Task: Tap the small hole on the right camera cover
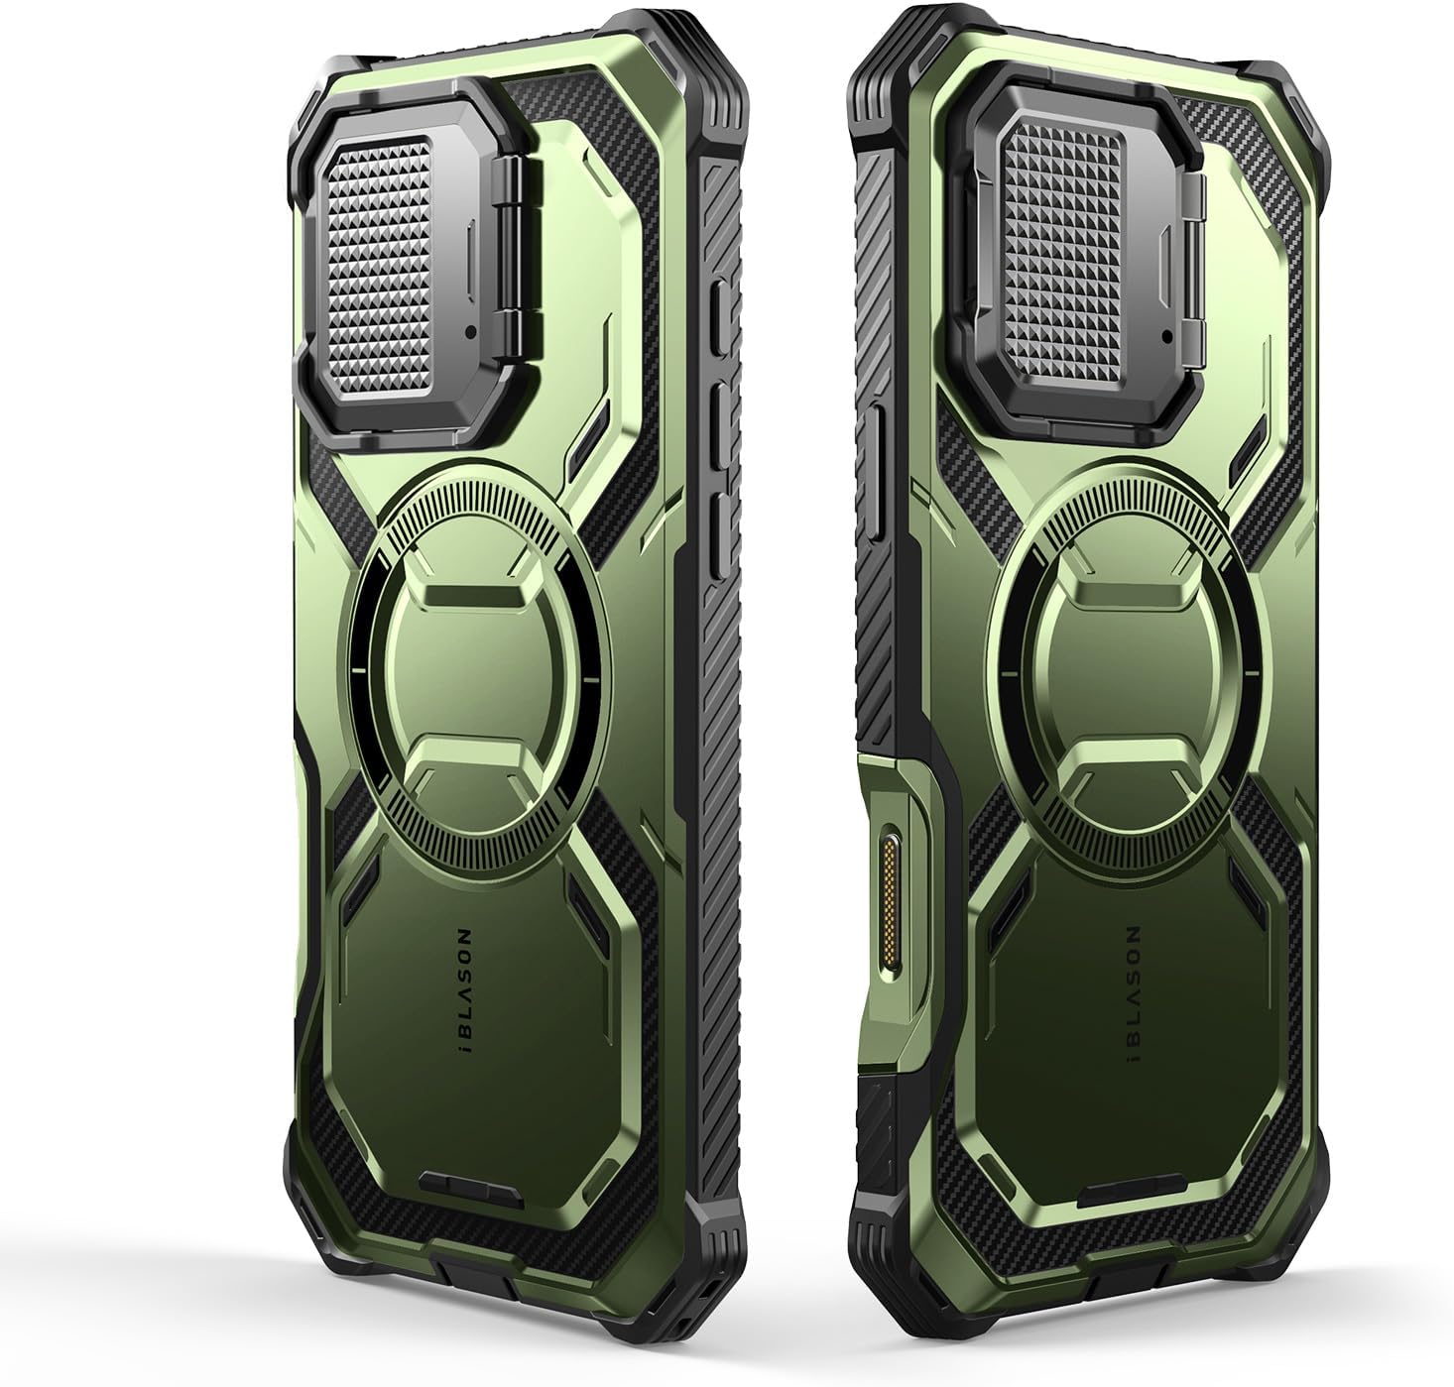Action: [x=1166, y=336]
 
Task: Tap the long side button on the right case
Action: [x=869, y=472]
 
